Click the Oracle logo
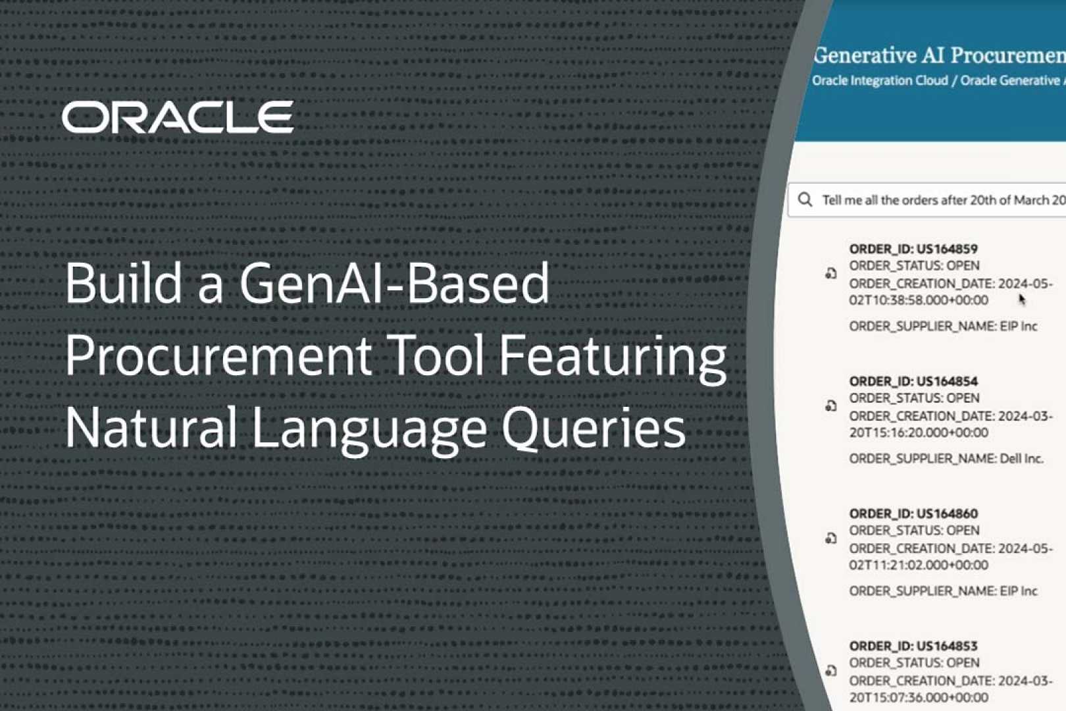coord(178,117)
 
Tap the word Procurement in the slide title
coord(218,355)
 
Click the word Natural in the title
coord(151,428)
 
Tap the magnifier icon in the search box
coord(805,199)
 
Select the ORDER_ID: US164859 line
coord(913,249)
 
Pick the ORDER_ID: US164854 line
coord(913,381)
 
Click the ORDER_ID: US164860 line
coord(913,513)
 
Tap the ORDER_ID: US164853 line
coord(913,646)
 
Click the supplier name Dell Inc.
coord(1021,458)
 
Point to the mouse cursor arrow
coord(1022,300)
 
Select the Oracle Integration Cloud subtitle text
coord(880,80)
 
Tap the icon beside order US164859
coord(831,273)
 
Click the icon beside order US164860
coord(831,539)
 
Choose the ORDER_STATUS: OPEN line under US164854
coord(914,398)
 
